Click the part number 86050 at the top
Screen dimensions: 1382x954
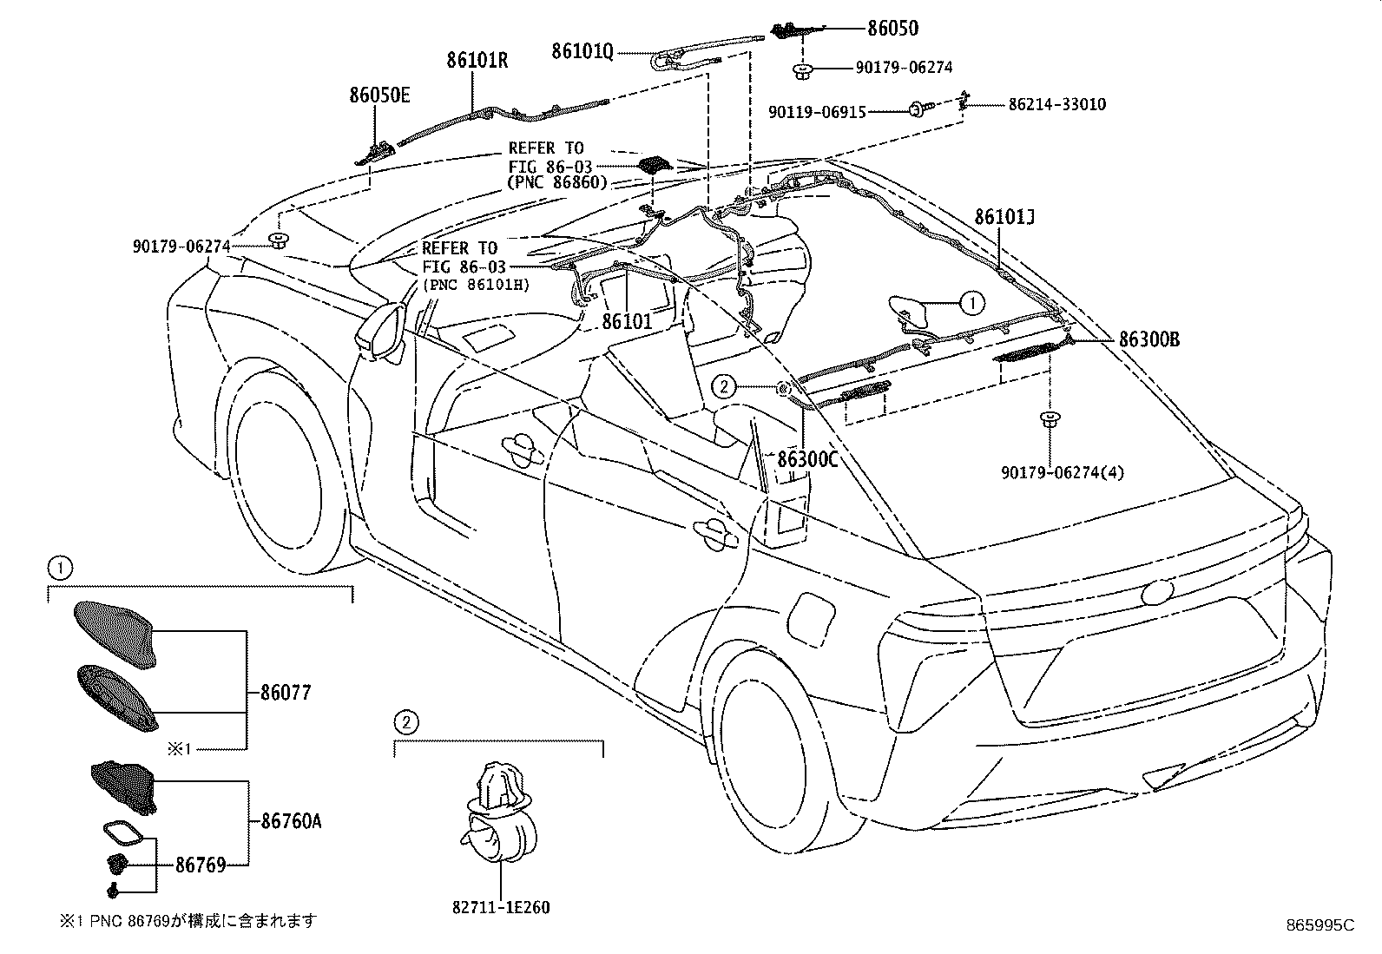click(892, 29)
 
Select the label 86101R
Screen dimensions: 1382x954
click(477, 61)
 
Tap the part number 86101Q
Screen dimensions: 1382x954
click(582, 52)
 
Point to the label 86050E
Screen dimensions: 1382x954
click(379, 95)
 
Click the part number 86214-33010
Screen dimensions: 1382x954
click(1056, 104)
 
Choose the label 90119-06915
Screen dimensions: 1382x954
click(817, 112)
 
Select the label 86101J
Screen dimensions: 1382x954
click(1004, 217)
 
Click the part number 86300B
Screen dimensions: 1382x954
click(1149, 339)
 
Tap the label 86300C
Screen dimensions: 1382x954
click(807, 460)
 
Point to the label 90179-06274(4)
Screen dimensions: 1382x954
click(1063, 473)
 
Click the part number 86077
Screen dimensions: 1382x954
click(286, 693)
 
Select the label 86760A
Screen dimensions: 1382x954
click(291, 821)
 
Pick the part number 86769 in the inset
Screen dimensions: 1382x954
click(201, 865)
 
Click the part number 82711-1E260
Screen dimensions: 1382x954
click(501, 907)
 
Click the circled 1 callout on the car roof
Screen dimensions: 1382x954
click(972, 303)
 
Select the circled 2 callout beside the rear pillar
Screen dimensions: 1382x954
click(724, 387)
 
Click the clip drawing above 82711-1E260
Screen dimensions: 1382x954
click(499, 812)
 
